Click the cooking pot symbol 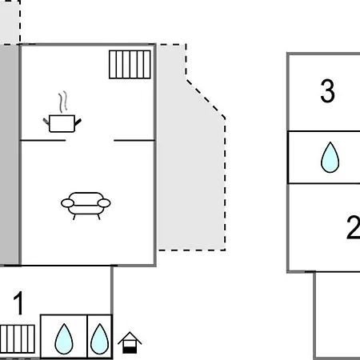pyautogui.click(x=62, y=123)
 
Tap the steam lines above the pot pyautogui.click(x=63, y=102)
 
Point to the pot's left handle pyautogui.click(x=46, y=122)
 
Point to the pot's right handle pyautogui.click(x=78, y=122)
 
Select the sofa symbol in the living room pyautogui.click(x=86, y=206)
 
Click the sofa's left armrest pyautogui.click(x=67, y=203)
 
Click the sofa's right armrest pyautogui.click(x=104, y=203)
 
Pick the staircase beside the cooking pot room pyautogui.click(x=130, y=65)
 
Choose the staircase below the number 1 pyautogui.click(x=18, y=339)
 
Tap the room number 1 pyautogui.click(x=18, y=303)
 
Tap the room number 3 pyautogui.click(x=327, y=91)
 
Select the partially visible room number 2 pyautogui.click(x=354, y=227)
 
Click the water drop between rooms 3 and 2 pyautogui.click(x=330, y=158)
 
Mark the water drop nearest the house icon pyautogui.click(x=100, y=339)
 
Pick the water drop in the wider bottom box pyautogui.click(x=64, y=339)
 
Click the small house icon pyautogui.click(x=130, y=342)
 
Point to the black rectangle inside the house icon pyautogui.click(x=130, y=350)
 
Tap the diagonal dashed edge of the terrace pyautogui.click(x=206, y=98)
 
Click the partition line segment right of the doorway pyautogui.click(x=134, y=140)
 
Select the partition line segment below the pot pyautogui.click(x=43, y=140)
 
